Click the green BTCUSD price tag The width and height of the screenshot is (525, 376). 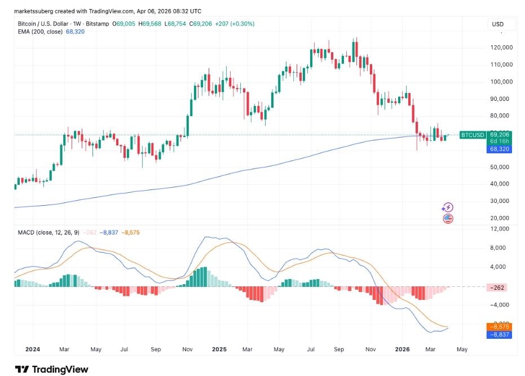(471, 135)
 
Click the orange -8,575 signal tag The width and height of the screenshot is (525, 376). (498, 326)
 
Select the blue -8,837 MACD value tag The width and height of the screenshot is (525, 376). (498, 334)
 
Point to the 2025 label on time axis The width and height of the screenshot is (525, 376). (219, 350)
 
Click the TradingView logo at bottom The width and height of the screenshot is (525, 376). (51, 369)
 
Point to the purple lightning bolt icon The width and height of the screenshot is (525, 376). (448, 208)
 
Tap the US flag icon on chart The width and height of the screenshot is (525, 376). (448, 218)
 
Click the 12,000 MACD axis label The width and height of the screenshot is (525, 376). (499, 229)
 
